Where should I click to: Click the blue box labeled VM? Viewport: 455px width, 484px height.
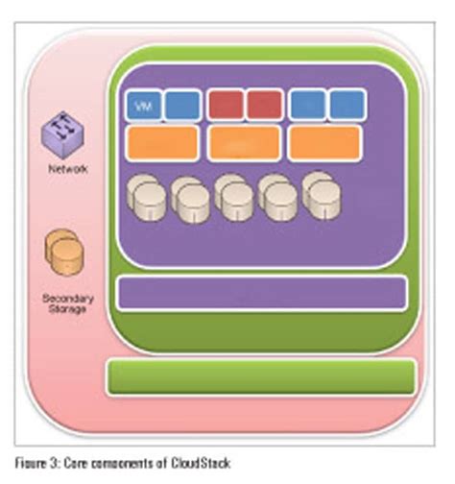(x=143, y=105)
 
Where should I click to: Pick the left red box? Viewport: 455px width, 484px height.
(x=225, y=105)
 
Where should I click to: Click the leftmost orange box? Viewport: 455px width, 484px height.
(x=162, y=141)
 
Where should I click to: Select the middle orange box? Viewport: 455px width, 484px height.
(x=244, y=141)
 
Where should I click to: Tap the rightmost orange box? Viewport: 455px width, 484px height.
(x=324, y=141)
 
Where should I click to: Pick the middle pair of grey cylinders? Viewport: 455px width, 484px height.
(x=235, y=196)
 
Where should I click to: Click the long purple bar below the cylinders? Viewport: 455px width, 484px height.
(x=260, y=291)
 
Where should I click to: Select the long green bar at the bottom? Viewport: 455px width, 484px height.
(x=260, y=376)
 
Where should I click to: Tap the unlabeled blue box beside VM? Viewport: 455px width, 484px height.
(x=182, y=105)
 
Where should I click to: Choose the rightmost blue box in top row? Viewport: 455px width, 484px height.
(x=347, y=105)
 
